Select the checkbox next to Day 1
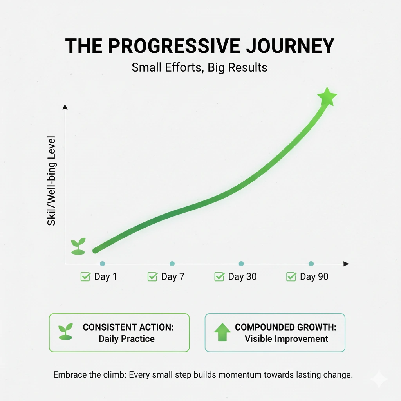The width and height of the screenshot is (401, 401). [85, 277]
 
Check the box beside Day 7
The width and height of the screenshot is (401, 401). [152, 277]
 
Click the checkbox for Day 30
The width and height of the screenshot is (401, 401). [219, 277]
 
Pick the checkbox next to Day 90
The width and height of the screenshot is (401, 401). [291, 277]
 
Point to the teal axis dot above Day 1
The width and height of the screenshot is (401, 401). [102, 264]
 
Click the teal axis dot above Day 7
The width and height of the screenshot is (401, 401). [172, 264]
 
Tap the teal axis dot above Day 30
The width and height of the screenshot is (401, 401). [241, 264]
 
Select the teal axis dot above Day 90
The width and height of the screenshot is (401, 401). [311, 264]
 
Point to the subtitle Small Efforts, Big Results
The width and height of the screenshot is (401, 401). [200, 67]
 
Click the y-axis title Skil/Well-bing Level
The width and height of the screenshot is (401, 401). [51, 181]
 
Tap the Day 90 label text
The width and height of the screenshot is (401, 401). [314, 277]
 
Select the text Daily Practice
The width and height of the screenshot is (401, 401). [126, 339]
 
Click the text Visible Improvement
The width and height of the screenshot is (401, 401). [286, 339]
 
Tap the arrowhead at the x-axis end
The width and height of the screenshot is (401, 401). [346, 264]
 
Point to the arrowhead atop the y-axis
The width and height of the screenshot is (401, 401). [65, 107]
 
